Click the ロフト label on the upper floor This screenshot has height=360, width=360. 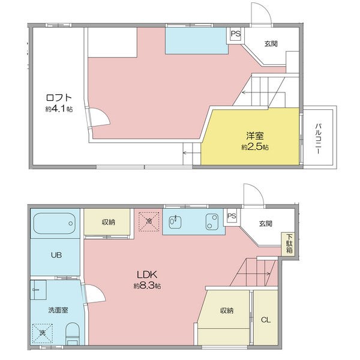[59, 98]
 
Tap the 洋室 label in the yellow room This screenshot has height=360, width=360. [255, 136]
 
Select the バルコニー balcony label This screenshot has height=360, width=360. [318, 139]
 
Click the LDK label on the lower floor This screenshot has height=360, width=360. [147, 274]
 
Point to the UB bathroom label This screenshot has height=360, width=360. [56, 255]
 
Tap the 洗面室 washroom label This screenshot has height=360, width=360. [58, 310]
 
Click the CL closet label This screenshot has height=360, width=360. [266, 320]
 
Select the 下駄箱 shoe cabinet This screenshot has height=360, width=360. [289, 244]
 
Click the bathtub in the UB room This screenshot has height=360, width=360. [55, 223]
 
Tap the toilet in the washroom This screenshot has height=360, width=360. [73, 334]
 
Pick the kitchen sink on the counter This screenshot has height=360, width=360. [175, 222]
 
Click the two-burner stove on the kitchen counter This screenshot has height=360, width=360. [212, 222]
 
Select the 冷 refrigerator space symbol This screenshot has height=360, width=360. [149, 221]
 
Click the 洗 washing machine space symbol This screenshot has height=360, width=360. [42, 334]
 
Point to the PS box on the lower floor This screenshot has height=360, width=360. [232, 216]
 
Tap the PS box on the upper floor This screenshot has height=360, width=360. [236, 34]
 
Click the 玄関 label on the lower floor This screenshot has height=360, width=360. [266, 223]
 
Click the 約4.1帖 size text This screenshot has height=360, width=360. [59, 109]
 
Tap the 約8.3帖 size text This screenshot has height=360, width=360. [147, 286]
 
